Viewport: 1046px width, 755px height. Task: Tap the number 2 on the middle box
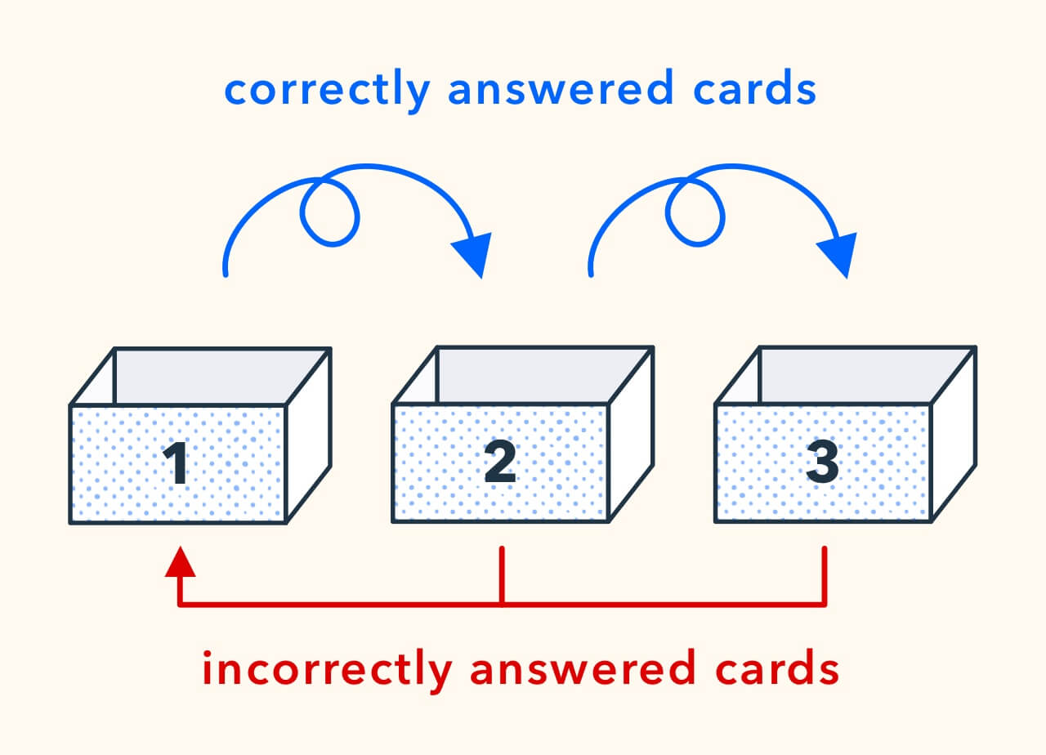click(x=499, y=462)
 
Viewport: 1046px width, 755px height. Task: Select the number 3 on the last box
click(x=822, y=462)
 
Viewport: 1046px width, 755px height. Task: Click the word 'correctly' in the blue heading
click(x=326, y=91)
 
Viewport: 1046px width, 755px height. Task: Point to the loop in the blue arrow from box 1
click(x=329, y=211)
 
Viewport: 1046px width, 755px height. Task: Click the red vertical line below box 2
click(x=502, y=575)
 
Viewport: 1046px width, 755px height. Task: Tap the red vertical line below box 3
click(x=825, y=575)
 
